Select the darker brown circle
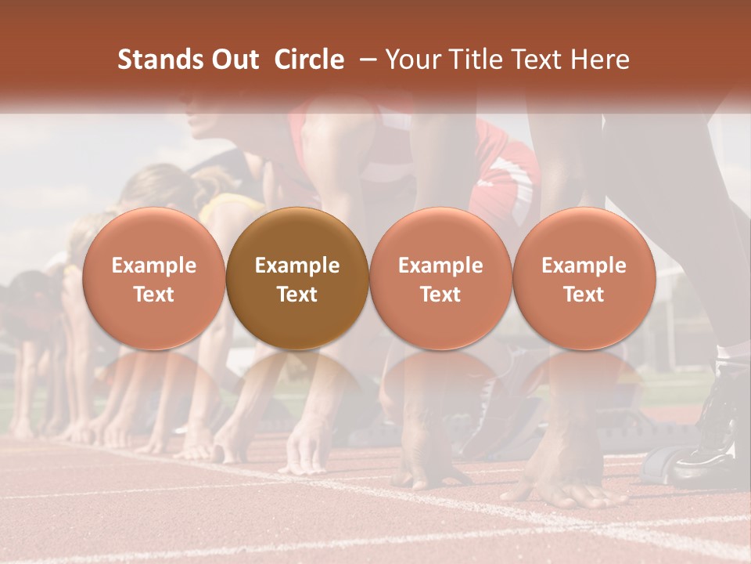297,278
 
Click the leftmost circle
154,278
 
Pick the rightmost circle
584,278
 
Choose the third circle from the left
440,278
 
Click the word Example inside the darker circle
297,266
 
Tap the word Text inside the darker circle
297,294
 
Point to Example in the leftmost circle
154,266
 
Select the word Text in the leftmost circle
154,294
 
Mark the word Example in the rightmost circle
584,266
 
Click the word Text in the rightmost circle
584,294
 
